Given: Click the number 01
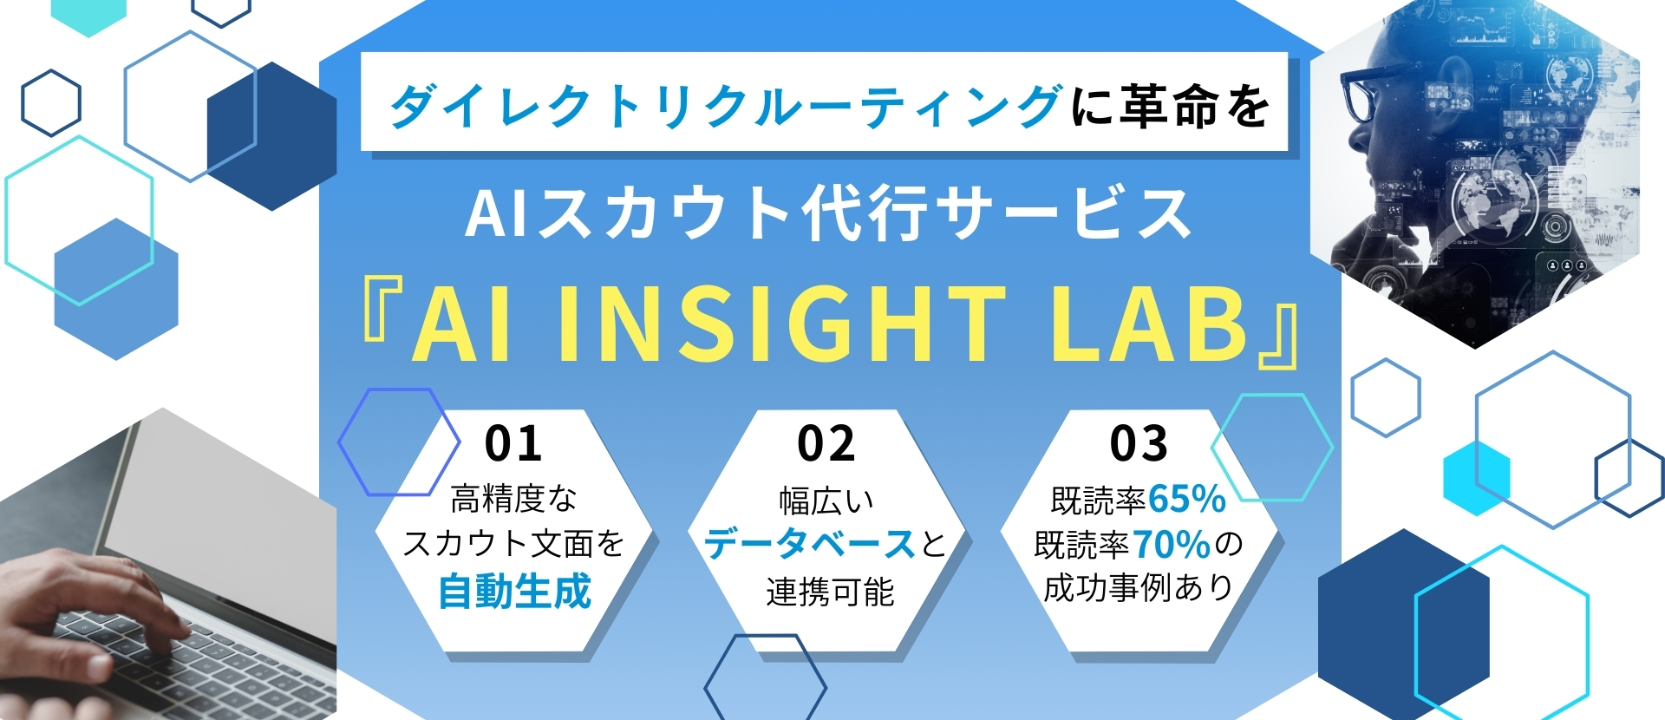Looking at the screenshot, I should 513,443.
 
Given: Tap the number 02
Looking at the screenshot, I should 826,443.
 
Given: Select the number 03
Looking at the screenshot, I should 1139,443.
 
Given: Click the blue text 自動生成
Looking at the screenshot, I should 514,592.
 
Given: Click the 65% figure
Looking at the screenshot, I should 1186,499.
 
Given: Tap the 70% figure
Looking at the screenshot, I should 1171,545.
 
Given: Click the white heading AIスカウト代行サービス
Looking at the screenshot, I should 828,213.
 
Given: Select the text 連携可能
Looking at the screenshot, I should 830,592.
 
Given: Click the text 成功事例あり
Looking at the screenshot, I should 1139,588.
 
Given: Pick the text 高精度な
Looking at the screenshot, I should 513,499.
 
